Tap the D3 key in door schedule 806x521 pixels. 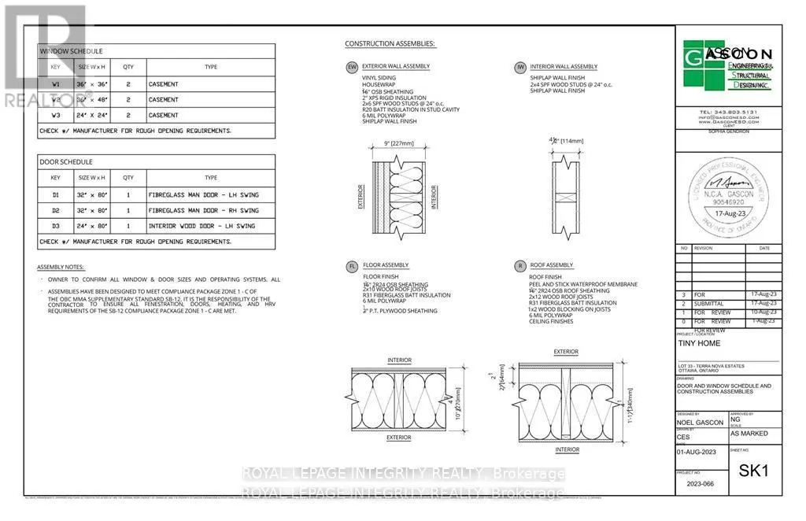(x=55, y=226)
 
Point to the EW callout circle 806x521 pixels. (x=352, y=68)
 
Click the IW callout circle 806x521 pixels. (x=520, y=68)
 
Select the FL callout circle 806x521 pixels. (x=352, y=266)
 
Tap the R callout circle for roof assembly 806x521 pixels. (x=520, y=266)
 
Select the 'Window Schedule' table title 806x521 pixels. (x=71, y=51)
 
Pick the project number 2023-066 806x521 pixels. (x=700, y=485)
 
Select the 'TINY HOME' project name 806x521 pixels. (x=698, y=344)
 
